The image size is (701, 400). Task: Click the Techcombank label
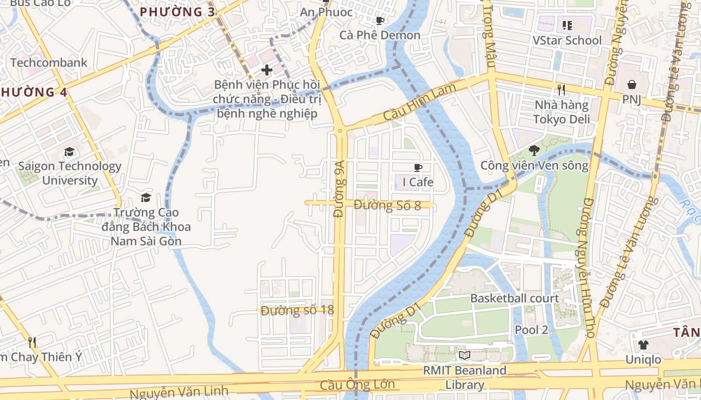pos(49,62)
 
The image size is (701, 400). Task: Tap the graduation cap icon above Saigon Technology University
pos(69,151)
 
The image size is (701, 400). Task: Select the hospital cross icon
pos(266,69)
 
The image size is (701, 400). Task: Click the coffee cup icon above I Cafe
pos(418,167)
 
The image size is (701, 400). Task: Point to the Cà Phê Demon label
pos(380,35)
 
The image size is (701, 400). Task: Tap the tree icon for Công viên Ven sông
pos(534,150)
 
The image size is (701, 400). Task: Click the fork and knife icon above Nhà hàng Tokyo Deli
pos(561,90)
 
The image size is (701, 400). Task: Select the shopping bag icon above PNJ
pos(632,84)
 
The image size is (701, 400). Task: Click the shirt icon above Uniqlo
pos(643,344)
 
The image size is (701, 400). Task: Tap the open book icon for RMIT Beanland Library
pos(465,355)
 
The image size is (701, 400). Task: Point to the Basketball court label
pos(514,298)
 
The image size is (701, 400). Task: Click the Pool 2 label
pos(531,330)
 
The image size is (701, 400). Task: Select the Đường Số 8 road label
pos(387,205)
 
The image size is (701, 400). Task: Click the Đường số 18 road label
pos(297,310)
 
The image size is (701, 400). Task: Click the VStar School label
pos(567,40)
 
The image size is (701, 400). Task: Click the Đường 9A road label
pos(339,188)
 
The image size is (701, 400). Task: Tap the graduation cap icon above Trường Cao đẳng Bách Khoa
pos(146,198)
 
